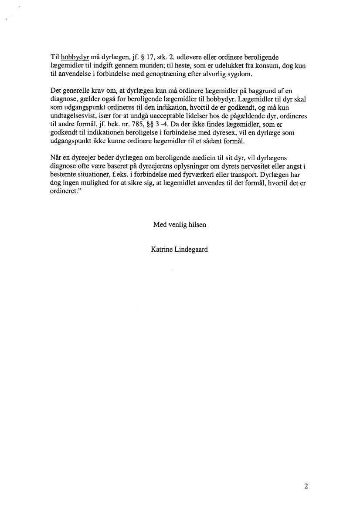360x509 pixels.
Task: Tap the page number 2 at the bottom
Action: pyautogui.click(x=306, y=487)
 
